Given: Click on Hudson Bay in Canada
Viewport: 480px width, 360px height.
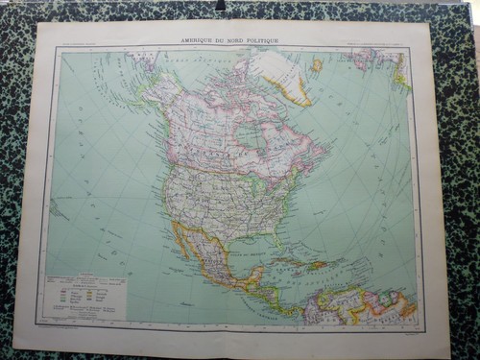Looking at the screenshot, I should [247, 135].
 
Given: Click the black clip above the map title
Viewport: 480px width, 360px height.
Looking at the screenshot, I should [220, 5].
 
